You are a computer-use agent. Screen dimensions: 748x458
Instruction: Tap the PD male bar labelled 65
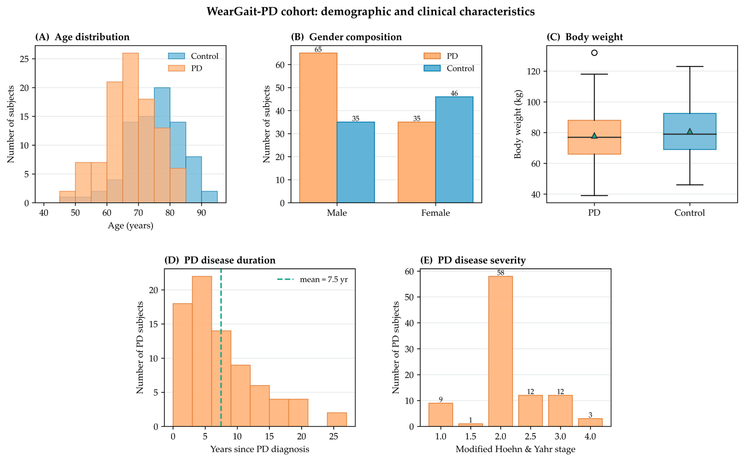click(x=318, y=128)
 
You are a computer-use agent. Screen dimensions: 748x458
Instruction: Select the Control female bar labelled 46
click(x=454, y=150)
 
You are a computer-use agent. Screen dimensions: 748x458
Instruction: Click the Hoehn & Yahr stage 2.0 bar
click(x=501, y=351)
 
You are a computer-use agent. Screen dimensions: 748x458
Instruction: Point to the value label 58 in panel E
click(x=501, y=273)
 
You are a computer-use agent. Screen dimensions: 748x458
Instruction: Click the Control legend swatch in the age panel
click(x=176, y=56)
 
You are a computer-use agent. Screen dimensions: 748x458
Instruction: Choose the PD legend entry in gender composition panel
click(x=441, y=56)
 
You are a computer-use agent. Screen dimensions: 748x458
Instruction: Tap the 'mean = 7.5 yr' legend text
click(x=324, y=279)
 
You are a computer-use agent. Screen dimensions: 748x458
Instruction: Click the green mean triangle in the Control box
click(x=690, y=131)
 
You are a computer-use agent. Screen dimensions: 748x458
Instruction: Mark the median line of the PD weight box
click(x=594, y=137)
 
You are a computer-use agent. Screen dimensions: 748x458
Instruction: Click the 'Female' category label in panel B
click(x=435, y=213)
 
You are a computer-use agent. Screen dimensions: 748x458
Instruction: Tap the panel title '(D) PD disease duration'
click(x=220, y=260)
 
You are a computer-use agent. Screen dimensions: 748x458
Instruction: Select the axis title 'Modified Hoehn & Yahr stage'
click(x=515, y=449)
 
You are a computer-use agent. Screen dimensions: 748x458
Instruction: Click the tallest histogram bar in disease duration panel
click(x=202, y=351)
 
